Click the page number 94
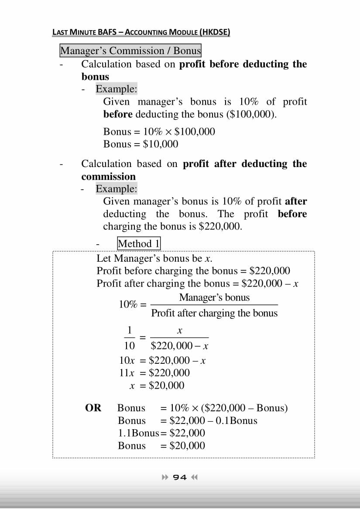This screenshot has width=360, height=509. tap(180, 477)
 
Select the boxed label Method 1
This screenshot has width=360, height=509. tap(139, 243)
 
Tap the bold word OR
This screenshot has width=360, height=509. tap(93, 408)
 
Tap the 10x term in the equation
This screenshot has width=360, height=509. tap(126, 360)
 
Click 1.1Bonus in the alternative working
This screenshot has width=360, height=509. tap(139, 433)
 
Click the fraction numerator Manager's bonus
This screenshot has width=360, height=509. tap(214, 297)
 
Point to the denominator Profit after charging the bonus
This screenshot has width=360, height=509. tap(214, 313)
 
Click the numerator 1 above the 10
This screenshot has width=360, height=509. tap(130, 330)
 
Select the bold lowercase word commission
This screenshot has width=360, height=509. tap(108, 177)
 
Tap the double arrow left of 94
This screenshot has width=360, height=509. tap(165, 477)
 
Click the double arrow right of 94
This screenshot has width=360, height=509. tap(195, 477)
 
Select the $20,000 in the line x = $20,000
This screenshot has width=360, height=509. tap(166, 386)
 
